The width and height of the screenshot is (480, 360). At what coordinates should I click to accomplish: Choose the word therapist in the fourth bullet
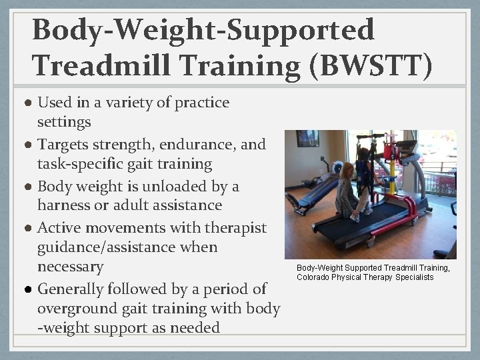click(235, 227)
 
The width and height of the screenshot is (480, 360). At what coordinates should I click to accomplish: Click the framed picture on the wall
click(307, 138)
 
